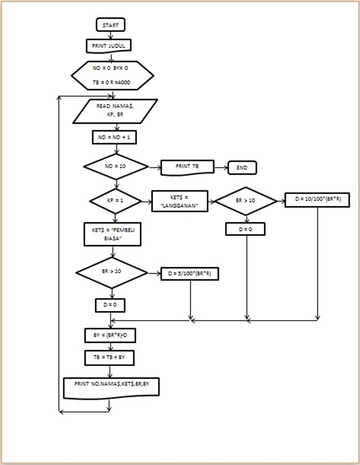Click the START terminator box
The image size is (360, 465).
point(111,25)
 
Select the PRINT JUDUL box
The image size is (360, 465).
point(109,45)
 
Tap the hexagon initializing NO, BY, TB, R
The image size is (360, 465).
point(112,75)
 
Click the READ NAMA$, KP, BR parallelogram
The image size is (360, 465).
point(115,111)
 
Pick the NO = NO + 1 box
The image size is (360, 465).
point(114,137)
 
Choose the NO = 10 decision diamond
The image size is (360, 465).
point(116,166)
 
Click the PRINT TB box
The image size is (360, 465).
point(187,167)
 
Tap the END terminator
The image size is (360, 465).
point(242,167)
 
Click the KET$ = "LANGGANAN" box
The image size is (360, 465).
point(180,201)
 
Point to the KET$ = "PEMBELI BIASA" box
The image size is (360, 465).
point(112,234)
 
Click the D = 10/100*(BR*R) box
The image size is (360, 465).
point(317,200)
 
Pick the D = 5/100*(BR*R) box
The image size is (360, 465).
point(190,274)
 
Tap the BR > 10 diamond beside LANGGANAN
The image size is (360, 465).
point(246,201)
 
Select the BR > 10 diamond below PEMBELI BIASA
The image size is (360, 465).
point(112,272)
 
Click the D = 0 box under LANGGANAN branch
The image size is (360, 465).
point(246,229)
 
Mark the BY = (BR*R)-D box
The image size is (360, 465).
point(111,336)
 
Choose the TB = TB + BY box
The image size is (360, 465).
point(110,358)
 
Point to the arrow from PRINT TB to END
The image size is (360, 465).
point(221,167)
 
